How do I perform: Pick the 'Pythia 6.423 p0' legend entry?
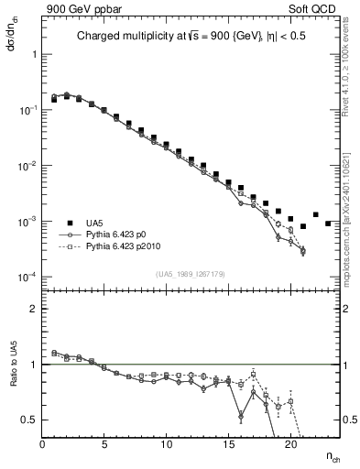click(120, 234)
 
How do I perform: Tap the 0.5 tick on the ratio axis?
click(28, 420)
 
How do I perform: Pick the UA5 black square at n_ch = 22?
click(316, 214)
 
